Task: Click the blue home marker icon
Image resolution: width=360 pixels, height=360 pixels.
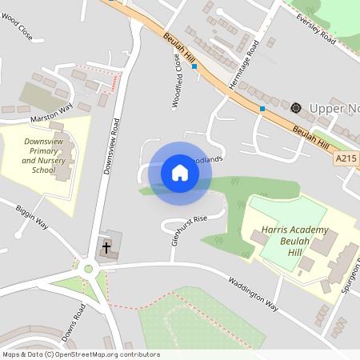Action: point(180,173)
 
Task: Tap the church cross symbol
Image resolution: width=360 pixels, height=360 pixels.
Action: point(106,248)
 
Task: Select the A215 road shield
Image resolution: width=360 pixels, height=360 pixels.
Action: point(346,159)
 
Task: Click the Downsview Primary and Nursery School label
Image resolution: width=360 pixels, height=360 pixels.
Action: point(39,154)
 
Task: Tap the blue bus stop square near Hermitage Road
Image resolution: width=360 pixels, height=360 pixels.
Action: point(262,108)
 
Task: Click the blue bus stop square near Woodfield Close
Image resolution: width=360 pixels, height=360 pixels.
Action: point(194,66)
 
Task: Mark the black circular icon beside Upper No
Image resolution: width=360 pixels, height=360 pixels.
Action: point(295,107)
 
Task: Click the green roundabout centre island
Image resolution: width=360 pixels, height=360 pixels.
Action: point(88,268)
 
